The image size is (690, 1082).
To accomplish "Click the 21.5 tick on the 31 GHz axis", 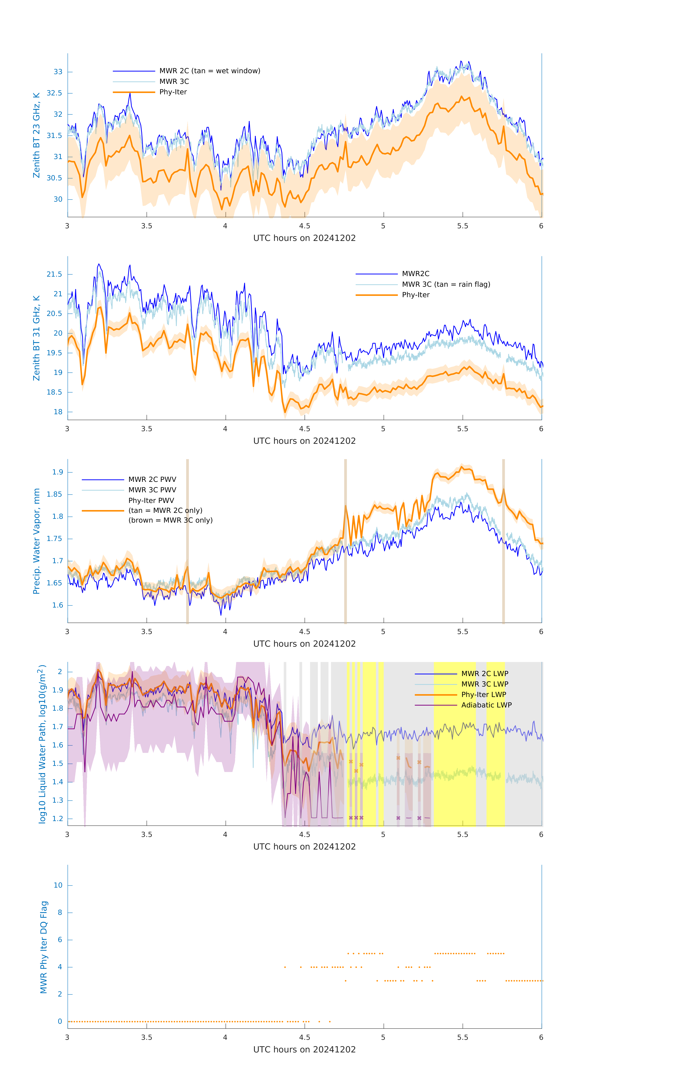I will pyautogui.click(x=54, y=274).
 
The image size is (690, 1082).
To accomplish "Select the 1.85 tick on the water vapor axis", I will pyautogui.click(x=54, y=494).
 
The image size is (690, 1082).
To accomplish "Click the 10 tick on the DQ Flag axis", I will pyautogui.click(x=58, y=885).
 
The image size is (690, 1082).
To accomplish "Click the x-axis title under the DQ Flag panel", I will pyautogui.click(x=304, y=1050).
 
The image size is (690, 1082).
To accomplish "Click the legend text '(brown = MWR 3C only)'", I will pyautogui.click(x=170, y=520).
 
